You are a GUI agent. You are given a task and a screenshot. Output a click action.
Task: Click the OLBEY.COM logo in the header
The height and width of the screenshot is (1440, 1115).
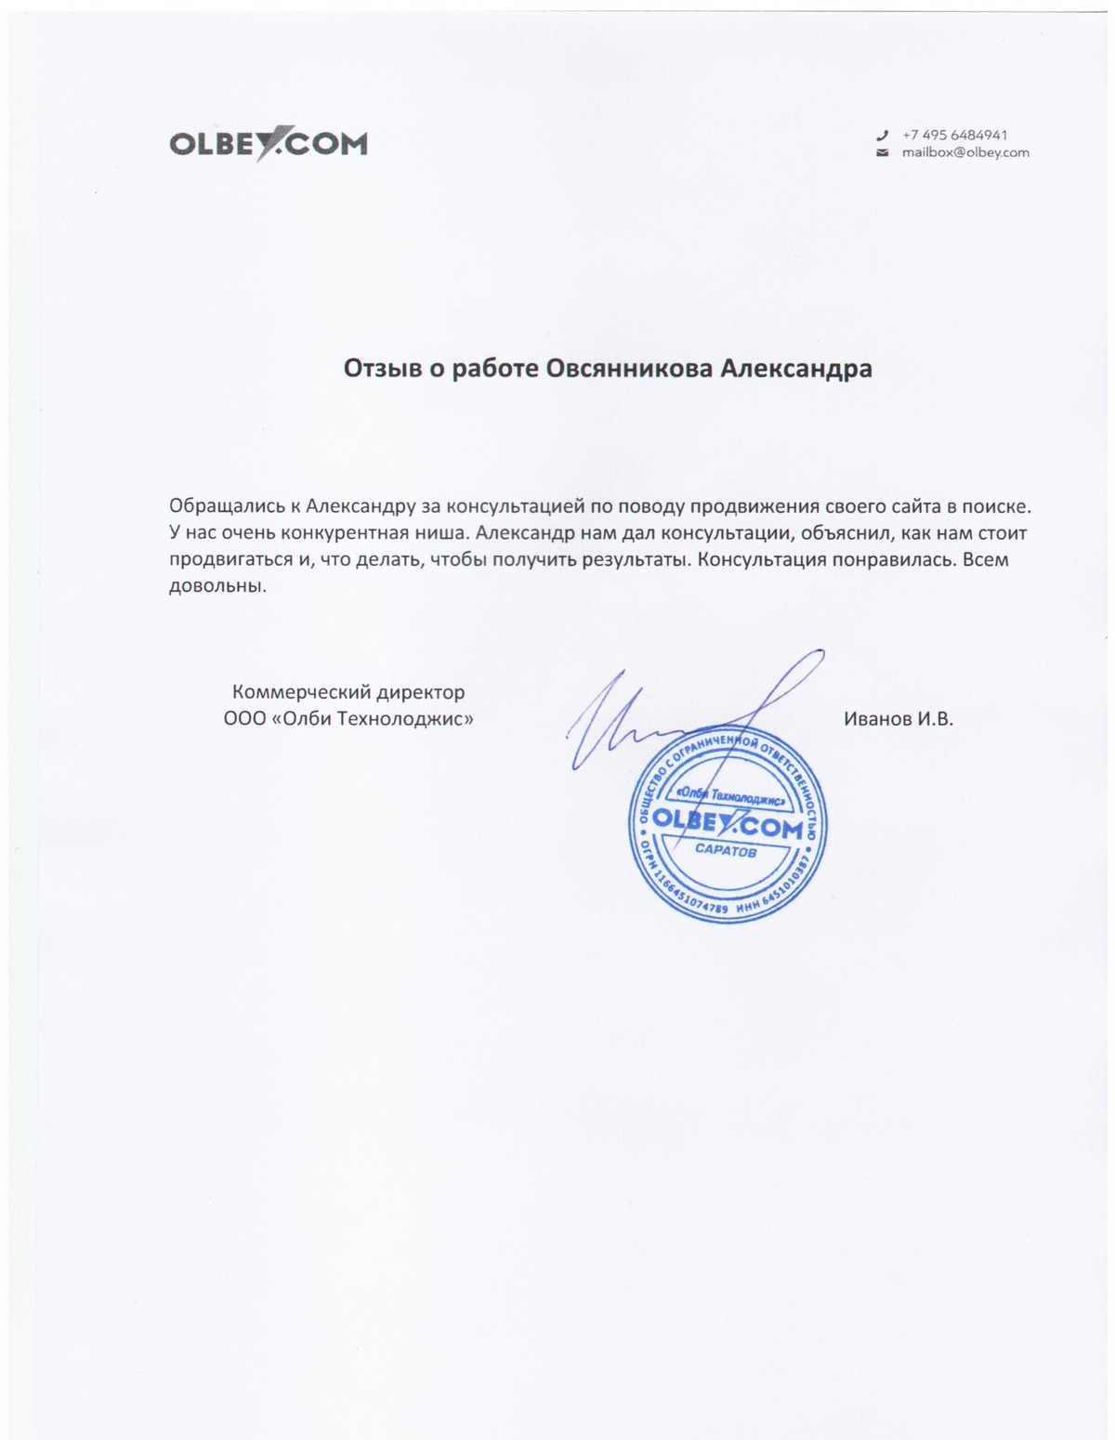[x=269, y=144]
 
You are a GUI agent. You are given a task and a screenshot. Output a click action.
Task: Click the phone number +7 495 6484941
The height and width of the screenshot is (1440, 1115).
[x=954, y=135]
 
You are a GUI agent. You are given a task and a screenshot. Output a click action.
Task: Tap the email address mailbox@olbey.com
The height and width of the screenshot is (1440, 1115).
[x=965, y=152]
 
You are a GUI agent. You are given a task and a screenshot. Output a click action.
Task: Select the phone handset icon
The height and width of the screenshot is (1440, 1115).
[x=883, y=135]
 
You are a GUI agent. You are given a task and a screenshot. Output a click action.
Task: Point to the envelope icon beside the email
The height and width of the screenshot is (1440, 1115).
[x=883, y=152]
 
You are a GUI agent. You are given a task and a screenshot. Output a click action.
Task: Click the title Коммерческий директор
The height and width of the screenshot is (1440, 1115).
[x=348, y=692]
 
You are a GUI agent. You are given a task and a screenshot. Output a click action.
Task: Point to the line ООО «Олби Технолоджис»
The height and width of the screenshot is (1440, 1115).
[x=348, y=718]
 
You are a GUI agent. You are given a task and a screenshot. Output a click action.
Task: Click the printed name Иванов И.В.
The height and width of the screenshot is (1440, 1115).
[x=899, y=718]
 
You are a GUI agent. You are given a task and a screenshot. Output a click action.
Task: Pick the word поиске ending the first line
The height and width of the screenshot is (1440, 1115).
[x=997, y=507]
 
